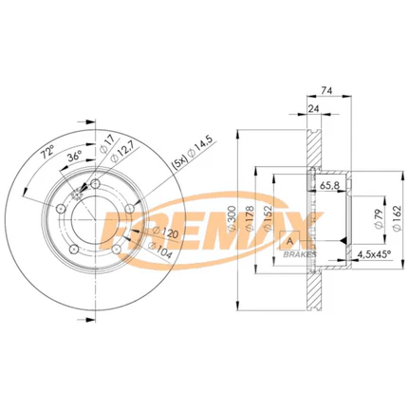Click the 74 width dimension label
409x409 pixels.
[x=326, y=91]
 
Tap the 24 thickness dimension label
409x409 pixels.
[x=313, y=109]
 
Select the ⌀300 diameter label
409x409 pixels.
[x=232, y=219]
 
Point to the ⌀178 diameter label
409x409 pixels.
[x=250, y=219]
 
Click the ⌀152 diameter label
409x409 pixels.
[x=268, y=219]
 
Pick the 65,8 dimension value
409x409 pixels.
[x=329, y=186]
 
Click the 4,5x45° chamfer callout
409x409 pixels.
[x=374, y=254]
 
